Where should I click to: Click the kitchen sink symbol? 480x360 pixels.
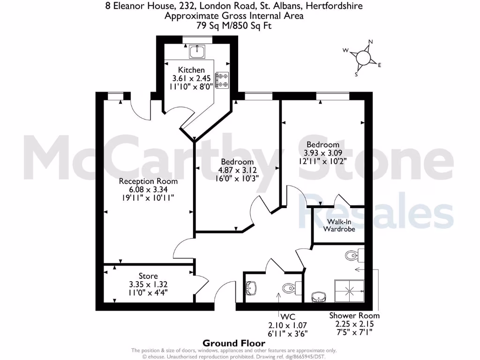pos(197,51)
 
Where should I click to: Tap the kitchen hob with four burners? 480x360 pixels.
pos(222,80)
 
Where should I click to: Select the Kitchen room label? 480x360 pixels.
pos(191,70)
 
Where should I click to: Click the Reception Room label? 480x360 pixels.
pos(148,181)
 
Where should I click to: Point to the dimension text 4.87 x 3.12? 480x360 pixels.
pos(236,170)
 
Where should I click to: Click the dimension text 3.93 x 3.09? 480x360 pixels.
pos(323,153)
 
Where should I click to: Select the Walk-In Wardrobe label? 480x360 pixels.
pos(339,225)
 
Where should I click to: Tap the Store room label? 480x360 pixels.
pos(148,276)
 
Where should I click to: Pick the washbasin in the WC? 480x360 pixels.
pos(252,287)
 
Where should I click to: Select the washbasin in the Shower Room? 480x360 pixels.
pos(319,297)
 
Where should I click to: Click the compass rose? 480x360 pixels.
pos(364,58)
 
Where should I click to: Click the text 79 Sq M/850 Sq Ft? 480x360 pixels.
pos(233,25)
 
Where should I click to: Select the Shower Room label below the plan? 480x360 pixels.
pos(354,315)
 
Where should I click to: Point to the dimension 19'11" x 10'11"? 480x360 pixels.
pos(148,198)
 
